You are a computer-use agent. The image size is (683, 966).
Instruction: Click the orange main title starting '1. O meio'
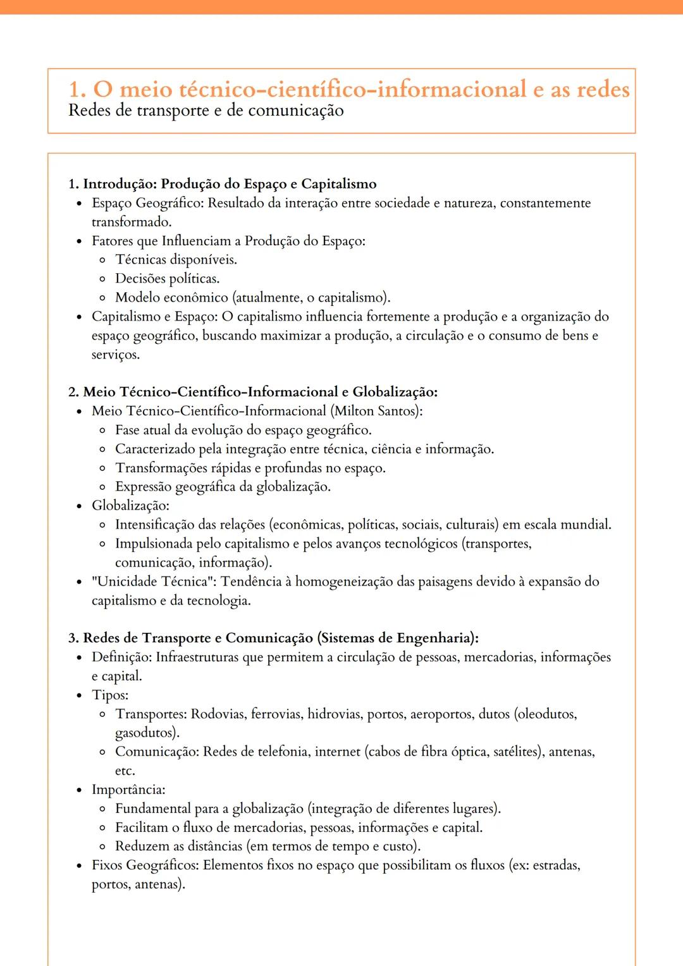[348, 89]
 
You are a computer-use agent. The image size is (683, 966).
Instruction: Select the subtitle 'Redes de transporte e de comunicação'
[206, 111]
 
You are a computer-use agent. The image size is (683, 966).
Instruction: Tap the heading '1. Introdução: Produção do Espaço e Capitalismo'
[223, 184]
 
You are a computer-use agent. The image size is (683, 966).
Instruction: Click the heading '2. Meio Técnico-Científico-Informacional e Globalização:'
[253, 392]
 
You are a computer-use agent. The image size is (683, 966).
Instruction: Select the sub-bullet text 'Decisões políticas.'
[167, 279]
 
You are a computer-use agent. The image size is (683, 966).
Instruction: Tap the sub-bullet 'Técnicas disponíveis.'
[176, 260]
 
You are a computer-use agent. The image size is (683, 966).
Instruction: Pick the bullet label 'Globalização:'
[130, 506]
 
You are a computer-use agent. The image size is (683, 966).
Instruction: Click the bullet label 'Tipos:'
[110, 695]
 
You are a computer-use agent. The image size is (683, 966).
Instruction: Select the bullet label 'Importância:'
[128, 790]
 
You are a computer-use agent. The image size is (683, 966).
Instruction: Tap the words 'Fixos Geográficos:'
[145, 865]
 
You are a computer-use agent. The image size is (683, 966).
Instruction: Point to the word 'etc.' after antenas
[125, 771]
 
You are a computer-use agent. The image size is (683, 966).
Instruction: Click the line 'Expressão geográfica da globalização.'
[223, 487]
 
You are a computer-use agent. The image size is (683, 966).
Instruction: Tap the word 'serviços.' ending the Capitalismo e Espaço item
[115, 355]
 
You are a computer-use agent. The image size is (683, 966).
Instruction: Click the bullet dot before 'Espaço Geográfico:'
[79, 204]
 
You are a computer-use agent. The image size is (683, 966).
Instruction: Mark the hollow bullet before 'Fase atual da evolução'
[102, 431]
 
